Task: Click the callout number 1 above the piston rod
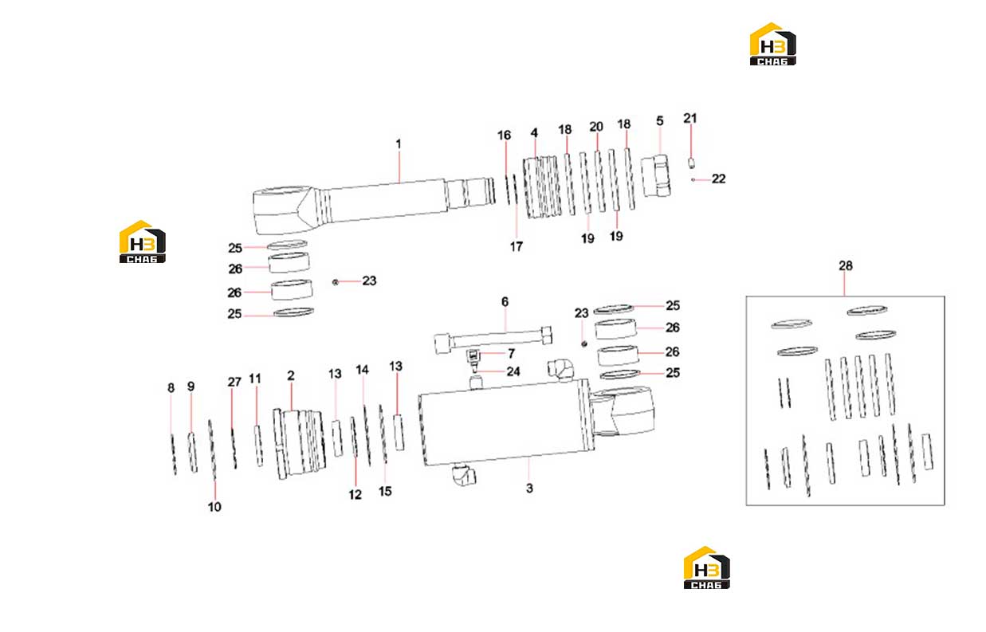399,144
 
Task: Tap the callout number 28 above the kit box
845,266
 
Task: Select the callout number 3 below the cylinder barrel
529,488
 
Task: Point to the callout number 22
718,179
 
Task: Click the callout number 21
689,118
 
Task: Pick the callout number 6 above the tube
505,302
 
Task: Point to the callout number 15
385,492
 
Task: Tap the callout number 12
355,495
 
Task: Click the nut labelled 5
655,175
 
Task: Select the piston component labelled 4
542,187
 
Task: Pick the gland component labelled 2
300,444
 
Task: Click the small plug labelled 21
691,163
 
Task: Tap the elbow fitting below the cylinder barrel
464,474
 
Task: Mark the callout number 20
596,127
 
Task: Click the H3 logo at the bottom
706,567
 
